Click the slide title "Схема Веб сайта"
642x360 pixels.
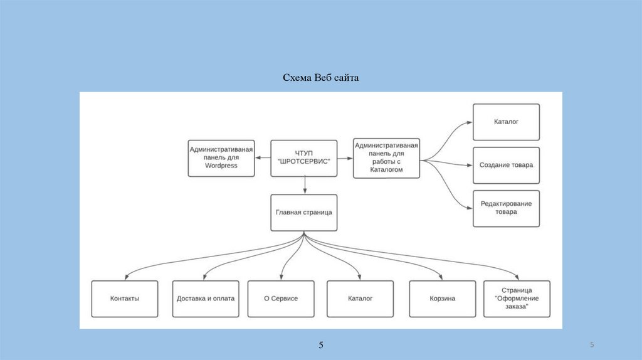click(320, 78)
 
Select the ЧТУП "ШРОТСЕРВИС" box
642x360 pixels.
click(303, 158)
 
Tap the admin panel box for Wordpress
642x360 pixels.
click(221, 158)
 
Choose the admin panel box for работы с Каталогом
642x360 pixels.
click(386, 158)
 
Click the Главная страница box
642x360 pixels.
click(303, 213)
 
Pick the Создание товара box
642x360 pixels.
click(506, 165)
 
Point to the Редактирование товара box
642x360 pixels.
click(506, 208)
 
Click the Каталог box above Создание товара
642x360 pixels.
click(506, 122)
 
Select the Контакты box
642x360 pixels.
click(124, 299)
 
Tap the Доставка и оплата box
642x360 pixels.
click(206, 299)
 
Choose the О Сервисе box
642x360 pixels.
click(280, 299)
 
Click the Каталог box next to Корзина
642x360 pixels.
click(360, 299)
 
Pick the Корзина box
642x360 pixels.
click(442, 299)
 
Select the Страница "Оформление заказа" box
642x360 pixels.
click(517, 299)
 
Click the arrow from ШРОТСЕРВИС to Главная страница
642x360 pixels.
click(304, 184)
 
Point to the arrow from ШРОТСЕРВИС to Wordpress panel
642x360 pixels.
click(262, 158)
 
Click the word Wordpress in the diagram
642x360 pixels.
click(221, 166)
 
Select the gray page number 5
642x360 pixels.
click(592, 346)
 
